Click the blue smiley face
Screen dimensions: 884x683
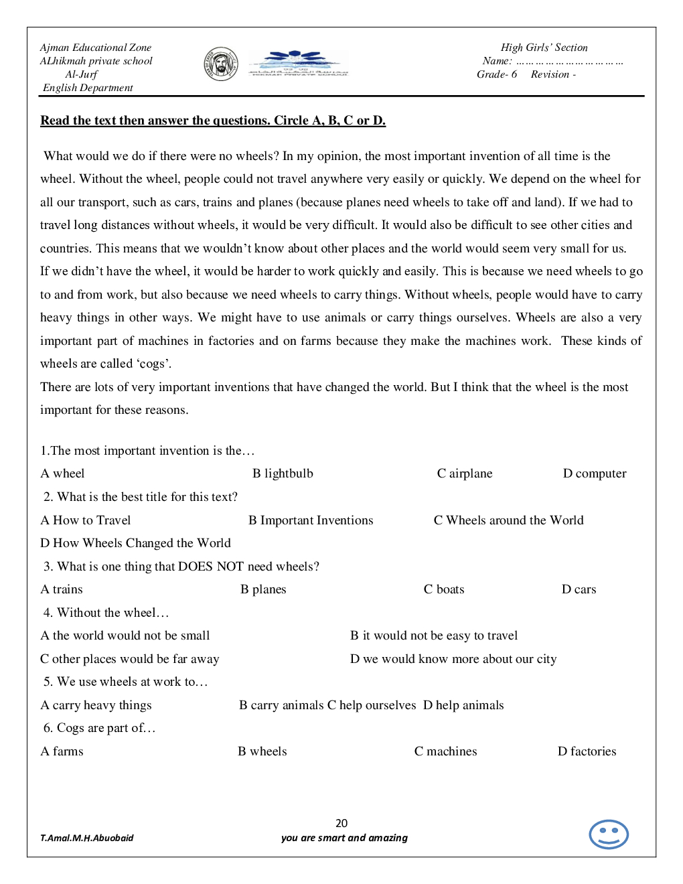click(608, 834)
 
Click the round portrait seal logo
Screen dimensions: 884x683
click(221, 64)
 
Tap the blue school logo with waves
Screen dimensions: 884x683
click(298, 64)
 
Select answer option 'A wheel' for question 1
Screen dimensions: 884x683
click(62, 473)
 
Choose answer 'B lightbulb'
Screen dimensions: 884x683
click(283, 473)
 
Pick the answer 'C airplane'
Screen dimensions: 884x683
click(464, 473)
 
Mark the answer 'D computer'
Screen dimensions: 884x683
click(594, 473)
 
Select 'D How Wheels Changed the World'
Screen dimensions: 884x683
click(135, 543)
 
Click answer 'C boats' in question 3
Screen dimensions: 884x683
click(443, 589)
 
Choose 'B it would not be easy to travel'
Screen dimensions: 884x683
click(433, 636)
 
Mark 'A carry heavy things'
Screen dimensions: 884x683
click(96, 705)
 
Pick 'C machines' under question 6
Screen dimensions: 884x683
click(445, 751)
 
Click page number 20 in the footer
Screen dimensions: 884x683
click(341, 823)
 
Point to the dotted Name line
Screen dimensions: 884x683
click(569, 62)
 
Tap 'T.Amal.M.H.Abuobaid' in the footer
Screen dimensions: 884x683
click(87, 838)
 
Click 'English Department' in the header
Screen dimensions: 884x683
click(88, 88)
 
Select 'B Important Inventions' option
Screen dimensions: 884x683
click(311, 520)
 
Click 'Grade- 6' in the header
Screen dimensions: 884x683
click(496, 74)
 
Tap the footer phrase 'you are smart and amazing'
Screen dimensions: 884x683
click(344, 838)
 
